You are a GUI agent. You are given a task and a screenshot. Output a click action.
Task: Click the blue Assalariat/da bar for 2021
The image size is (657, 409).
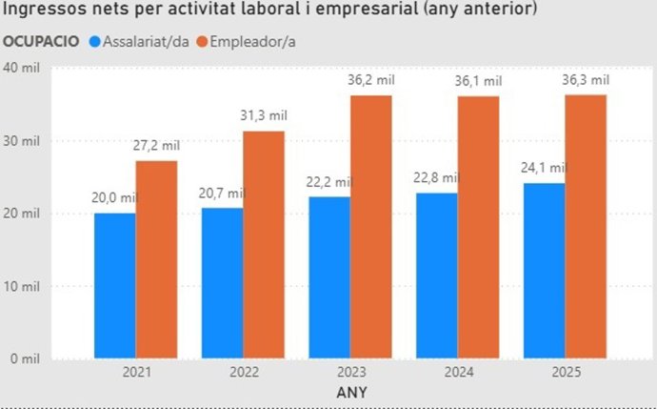pos(114,286)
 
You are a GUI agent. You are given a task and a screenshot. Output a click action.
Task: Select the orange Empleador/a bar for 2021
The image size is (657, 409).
pos(156,259)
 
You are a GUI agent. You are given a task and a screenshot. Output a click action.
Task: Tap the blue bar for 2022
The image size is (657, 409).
pos(222,283)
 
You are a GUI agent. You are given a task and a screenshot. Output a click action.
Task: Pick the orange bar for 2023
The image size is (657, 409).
pos(371,227)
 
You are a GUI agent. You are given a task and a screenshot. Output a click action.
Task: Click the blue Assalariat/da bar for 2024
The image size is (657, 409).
pos(436,276)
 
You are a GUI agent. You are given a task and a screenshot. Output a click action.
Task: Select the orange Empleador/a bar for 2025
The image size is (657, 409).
pos(586,227)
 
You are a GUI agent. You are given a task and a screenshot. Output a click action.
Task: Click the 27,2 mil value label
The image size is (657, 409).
pos(156,146)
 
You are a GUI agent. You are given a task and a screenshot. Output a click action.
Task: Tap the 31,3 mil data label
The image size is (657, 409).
pos(264,116)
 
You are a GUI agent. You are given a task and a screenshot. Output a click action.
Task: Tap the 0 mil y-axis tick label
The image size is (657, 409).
pos(23,358)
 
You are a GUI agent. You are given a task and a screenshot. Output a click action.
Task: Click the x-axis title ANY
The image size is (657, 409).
pos(350,392)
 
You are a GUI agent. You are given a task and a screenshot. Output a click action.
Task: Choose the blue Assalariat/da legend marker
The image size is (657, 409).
pos(94,42)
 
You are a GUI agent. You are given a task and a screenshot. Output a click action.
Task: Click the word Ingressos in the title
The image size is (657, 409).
pos(44,11)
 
